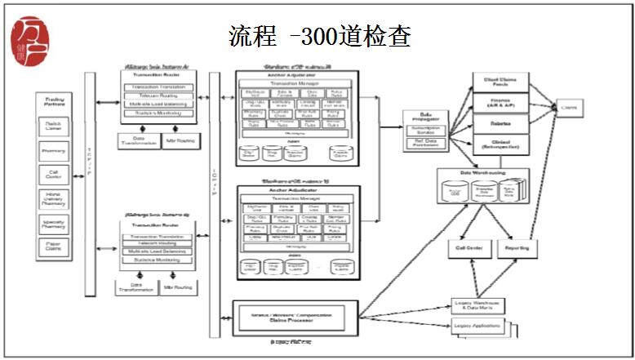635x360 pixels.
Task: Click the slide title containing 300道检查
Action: pyautogui.click(x=319, y=36)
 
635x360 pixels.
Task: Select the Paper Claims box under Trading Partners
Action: pyautogui.click(x=55, y=247)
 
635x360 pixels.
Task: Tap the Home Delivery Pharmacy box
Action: pyautogui.click(x=55, y=199)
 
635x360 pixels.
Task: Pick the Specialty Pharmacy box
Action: pyautogui.click(x=55, y=223)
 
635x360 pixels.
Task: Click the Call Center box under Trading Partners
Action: pyautogui.click(x=55, y=175)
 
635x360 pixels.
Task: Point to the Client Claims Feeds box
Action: pyautogui.click(x=502, y=82)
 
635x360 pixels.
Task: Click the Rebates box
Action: pyautogui.click(x=502, y=124)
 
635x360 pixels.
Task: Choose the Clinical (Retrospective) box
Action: pyautogui.click(x=502, y=144)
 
